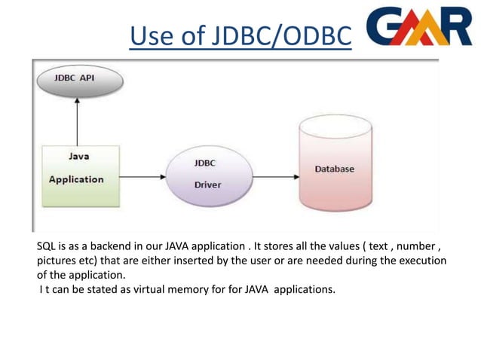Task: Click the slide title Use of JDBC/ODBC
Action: tap(240, 36)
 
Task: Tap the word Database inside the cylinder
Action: tap(334, 169)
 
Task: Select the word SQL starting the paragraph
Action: tap(47, 246)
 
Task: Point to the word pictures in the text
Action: tap(57, 261)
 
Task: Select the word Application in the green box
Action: tap(76, 179)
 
